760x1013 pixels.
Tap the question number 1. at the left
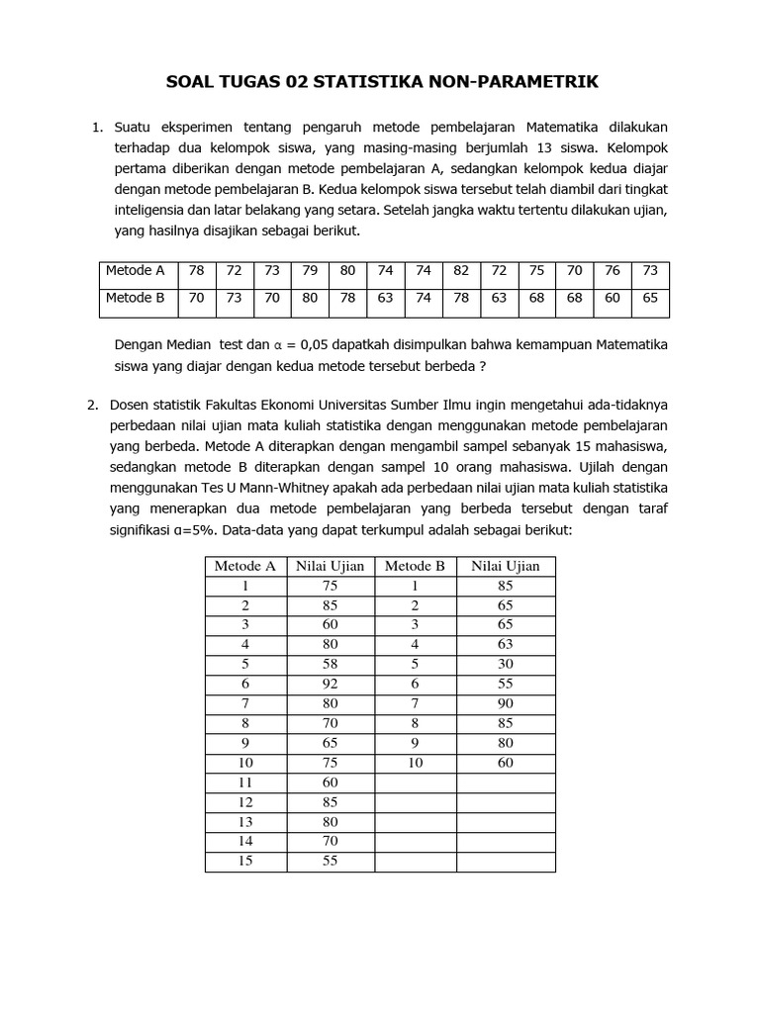click(x=97, y=128)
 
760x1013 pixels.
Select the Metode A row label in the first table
click(x=136, y=271)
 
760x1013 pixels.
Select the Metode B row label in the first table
click(x=136, y=297)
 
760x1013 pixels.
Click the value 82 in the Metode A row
click(x=461, y=271)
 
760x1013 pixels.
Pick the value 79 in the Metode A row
click(x=310, y=271)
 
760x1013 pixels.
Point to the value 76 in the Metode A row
click(x=613, y=271)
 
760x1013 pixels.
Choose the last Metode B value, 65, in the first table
click(x=650, y=297)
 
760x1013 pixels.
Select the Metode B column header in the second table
click(x=415, y=566)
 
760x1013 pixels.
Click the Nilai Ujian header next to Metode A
click(x=331, y=566)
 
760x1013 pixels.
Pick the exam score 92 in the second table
click(x=331, y=684)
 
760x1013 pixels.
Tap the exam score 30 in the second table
click(x=506, y=664)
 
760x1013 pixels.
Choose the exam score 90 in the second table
click(x=506, y=703)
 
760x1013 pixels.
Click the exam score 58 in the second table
click(x=331, y=664)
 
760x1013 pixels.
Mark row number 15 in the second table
click(x=245, y=861)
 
